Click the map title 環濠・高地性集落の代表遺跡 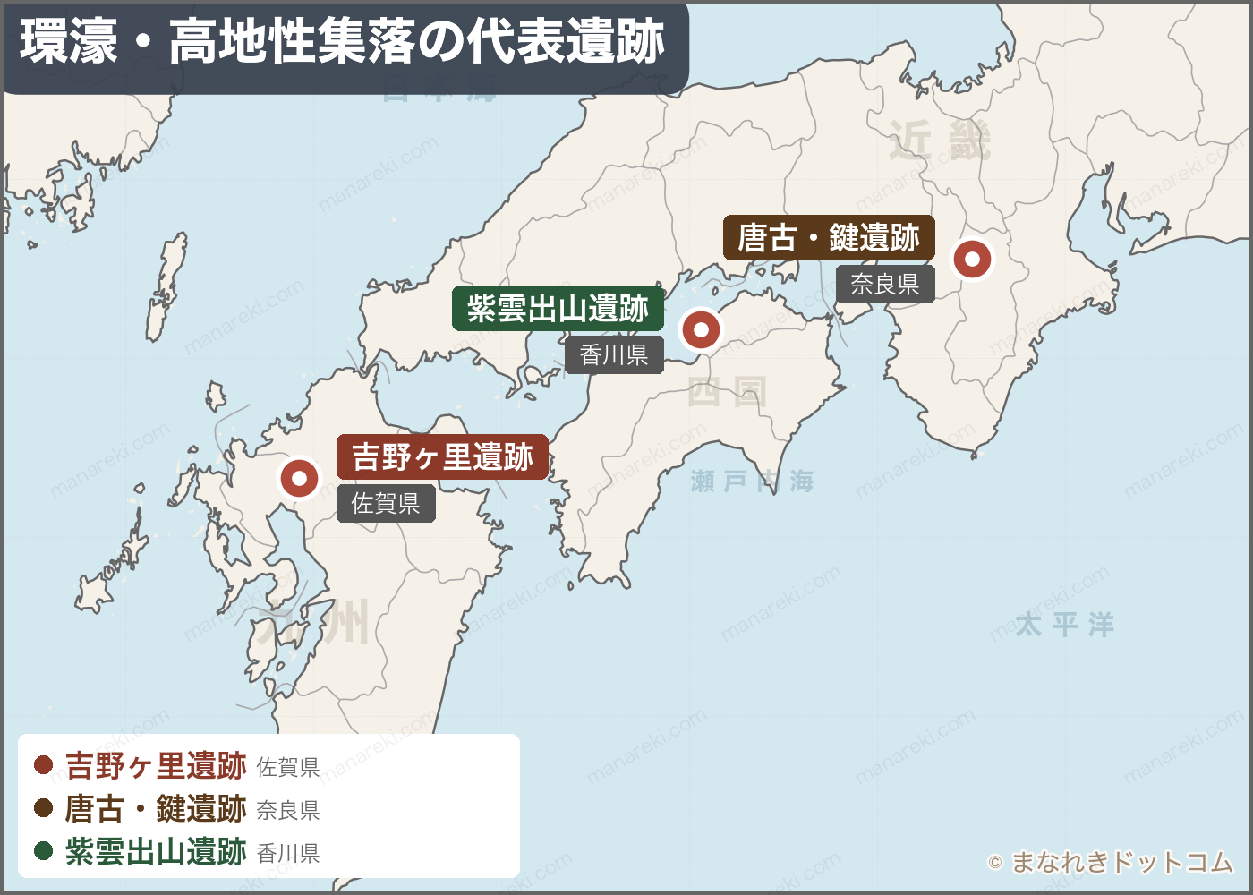[343, 42]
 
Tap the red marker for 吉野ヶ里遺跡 [299, 479]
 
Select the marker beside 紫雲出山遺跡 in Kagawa [701, 330]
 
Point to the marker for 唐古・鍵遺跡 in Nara [972, 260]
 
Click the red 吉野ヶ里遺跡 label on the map [442, 457]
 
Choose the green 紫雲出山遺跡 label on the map [558, 309]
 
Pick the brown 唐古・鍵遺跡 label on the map [829, 238]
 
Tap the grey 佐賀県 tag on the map [386, 504]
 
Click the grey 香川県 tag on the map [614, 355]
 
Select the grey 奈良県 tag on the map [885, 285]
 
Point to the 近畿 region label [940, 141]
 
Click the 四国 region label [727, 392]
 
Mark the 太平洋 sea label [1064, 625]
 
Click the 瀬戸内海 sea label [752, 482]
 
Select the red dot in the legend [43, 765]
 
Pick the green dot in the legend [43, 850]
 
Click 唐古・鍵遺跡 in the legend [156, 808]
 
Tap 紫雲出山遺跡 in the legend [156, 851]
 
